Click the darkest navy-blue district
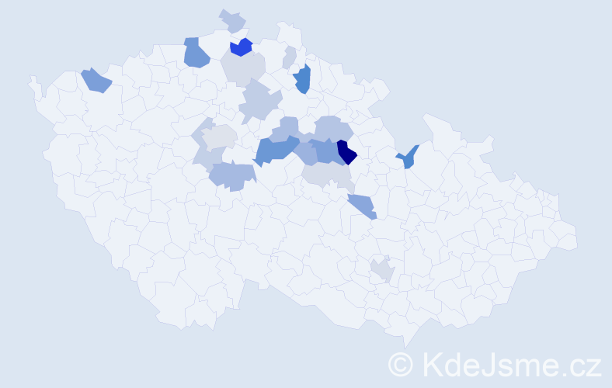[346, 153]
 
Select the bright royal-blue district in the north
[242, 47]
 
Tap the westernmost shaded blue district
[96, 80]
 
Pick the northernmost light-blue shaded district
[232, 20]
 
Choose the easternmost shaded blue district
[408, 158]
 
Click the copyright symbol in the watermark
[401, 364]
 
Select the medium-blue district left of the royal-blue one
[196, 53]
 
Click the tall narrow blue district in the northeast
[303, 79]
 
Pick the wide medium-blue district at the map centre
[276, 149]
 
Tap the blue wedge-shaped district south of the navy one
[362, 206]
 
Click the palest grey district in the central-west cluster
[220, 137]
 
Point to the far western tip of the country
[32, 80]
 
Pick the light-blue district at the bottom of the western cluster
[232, 176]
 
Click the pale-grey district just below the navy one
[329, 178]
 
